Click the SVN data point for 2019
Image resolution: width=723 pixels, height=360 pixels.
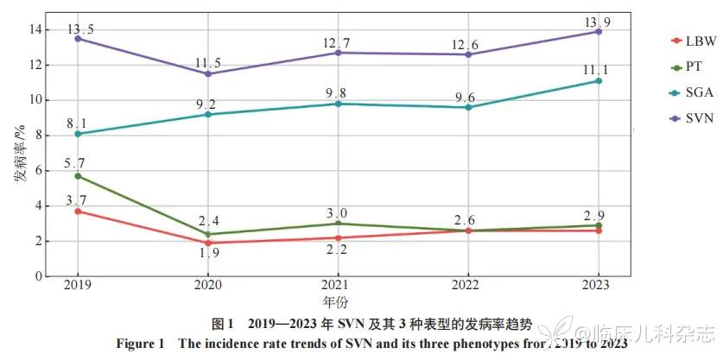(x=77, y=39)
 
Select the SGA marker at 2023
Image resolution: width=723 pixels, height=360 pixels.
(x=598, y=81)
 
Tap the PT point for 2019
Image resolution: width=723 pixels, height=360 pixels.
(x=77, y=176)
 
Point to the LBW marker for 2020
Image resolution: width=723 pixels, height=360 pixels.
(x=207, y=243)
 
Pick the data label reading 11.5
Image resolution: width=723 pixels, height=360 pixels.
(x=207, y=62)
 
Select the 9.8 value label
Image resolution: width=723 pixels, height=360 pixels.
(x=336, y=92)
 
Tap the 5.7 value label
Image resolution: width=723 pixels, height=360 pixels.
(x=77, y=164)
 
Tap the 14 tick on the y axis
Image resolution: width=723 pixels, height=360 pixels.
(x=36, y=29)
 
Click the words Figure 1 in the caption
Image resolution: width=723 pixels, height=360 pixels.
(x=142, y=344)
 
